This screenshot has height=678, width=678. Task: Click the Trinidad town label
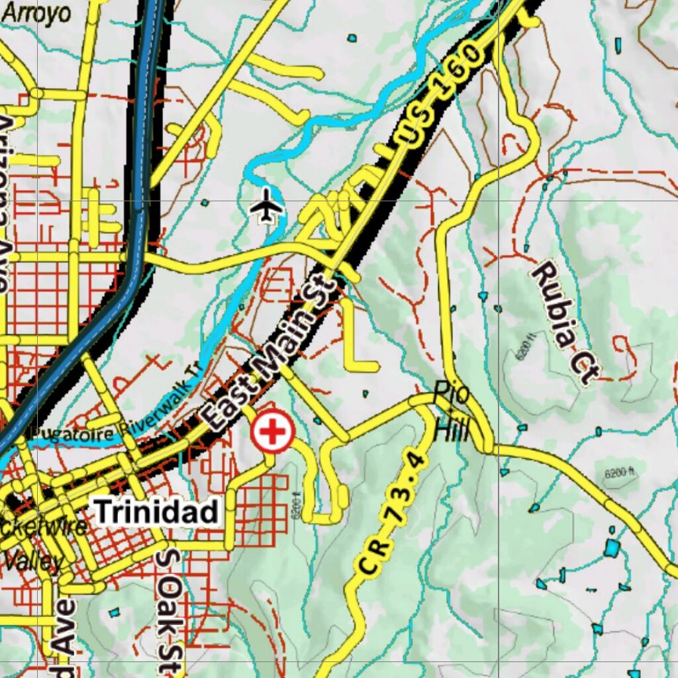pos(156,512)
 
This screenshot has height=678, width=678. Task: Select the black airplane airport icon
pos(267,206)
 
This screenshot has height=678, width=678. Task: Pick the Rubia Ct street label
pos(563,322)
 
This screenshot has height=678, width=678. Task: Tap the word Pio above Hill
pos(452,394)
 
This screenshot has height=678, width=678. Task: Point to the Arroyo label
pos(37,13)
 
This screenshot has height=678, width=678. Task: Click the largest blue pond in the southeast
pos(612,548)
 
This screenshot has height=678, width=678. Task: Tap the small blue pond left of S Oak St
pos(115,612)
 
